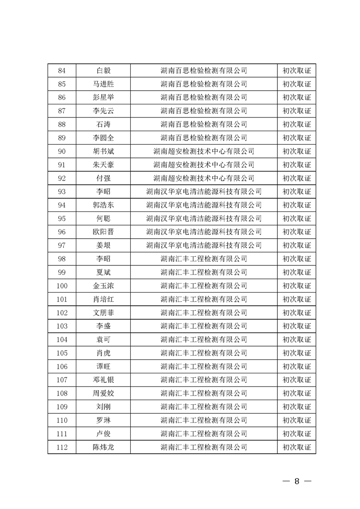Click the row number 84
(x=62, y=70)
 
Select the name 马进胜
(x=103, y=84)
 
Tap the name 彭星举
(x=103, y=98)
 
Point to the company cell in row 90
(x=204, y=151)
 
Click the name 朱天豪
(x=103, y=165)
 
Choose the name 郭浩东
(x=103, y=205)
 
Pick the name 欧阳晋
(x=103, y=232)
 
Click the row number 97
(x=62, y=245)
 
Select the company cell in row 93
(x=204, y=191)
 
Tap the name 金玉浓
(x=103, y=286)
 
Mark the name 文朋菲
(x=103, y=313)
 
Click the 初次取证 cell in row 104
(x=297, y=339)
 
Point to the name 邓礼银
(x=103, y=380)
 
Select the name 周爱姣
(x=103, y=393)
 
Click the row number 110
(x=62, y=420)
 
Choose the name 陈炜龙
(x=103, y=447)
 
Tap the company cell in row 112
(x=204, y=447)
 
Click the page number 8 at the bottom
(x=297, y=481)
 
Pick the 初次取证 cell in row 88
(x=297, y=124)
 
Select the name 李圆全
(x=103, y=138)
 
